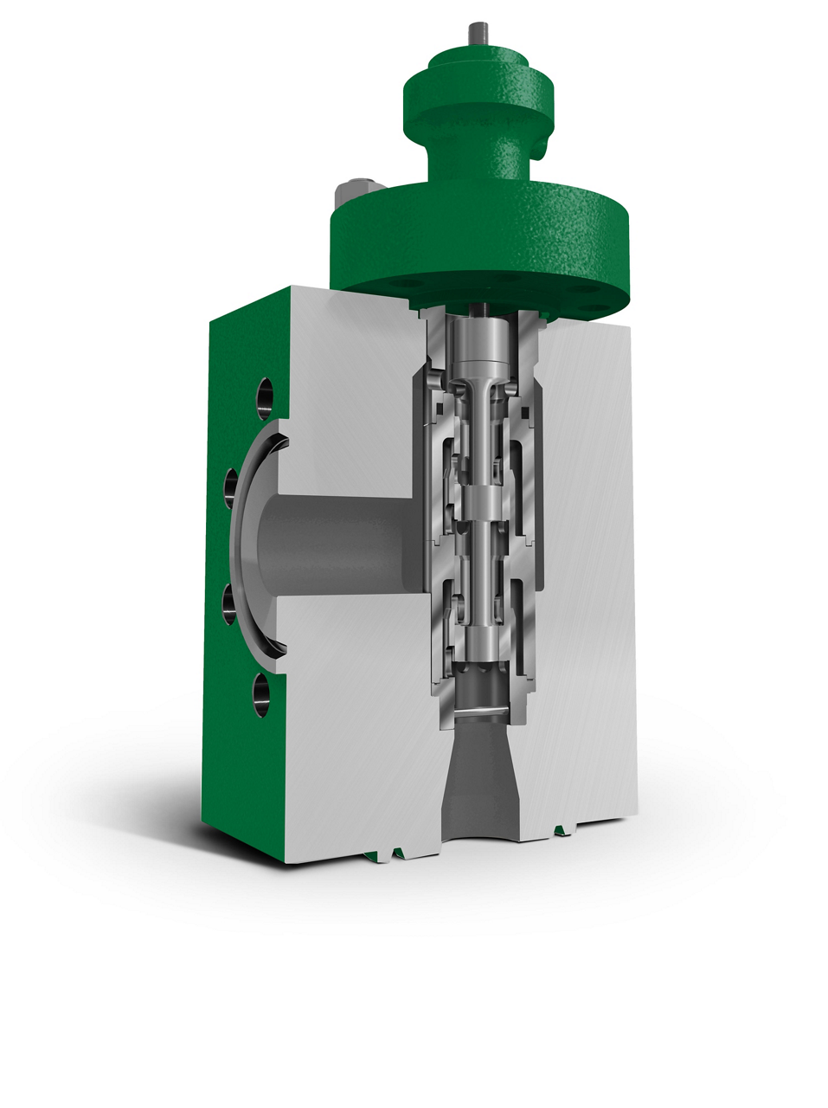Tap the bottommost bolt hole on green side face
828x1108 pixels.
[x=260, y=692]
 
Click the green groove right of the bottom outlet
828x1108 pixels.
[x=564, y=832]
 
